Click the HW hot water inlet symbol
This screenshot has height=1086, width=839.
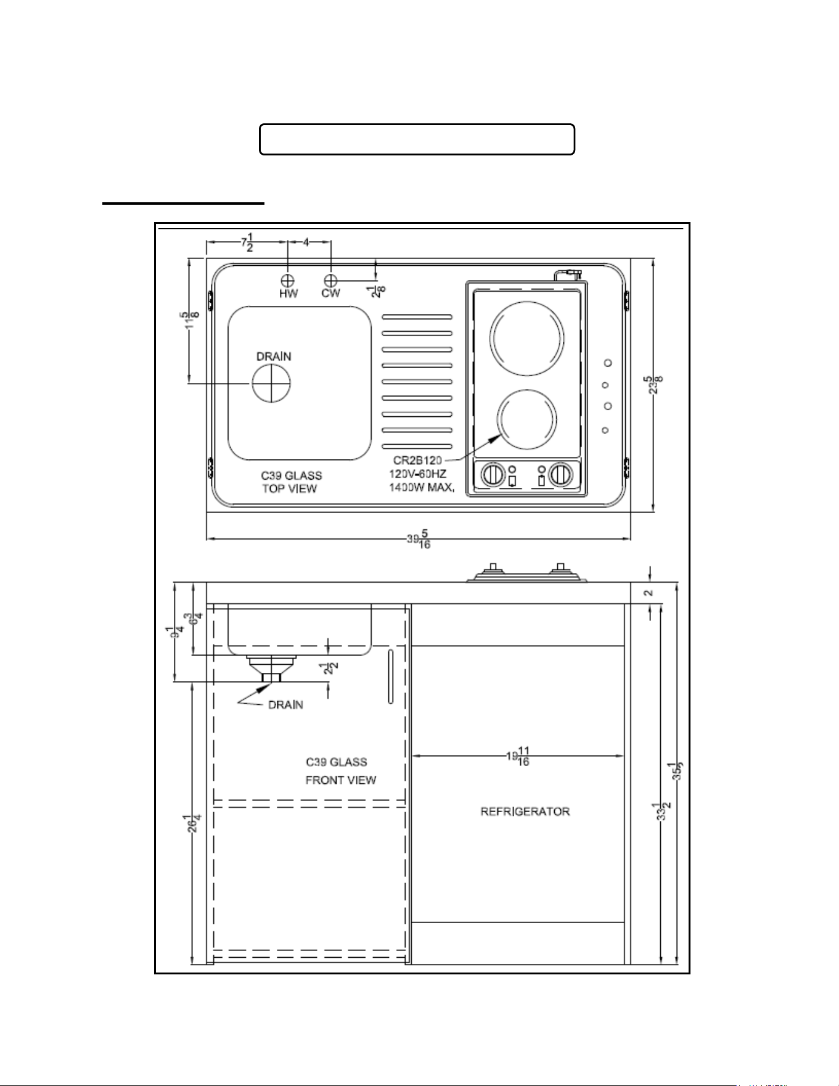click(288, 281)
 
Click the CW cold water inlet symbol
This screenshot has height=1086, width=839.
click(331, 281)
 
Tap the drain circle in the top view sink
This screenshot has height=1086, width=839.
click(271, 383)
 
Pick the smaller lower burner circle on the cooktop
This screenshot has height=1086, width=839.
click(527, 419)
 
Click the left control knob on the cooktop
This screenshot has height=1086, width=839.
click(493, 475)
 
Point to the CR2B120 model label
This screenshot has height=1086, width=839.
click(417, 461)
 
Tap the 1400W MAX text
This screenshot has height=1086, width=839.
click(422, 488)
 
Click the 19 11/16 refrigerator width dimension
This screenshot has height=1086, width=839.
click(518, 756)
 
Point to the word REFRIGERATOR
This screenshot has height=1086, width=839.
click(525, 812)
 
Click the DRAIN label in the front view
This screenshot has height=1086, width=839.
click(285, 705)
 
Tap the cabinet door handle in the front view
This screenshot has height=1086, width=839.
click(391, 676)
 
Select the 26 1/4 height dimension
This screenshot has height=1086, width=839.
click(194, 823)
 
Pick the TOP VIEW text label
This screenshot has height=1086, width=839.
click(289, 488)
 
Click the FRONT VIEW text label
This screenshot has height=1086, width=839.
click(341, 780)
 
